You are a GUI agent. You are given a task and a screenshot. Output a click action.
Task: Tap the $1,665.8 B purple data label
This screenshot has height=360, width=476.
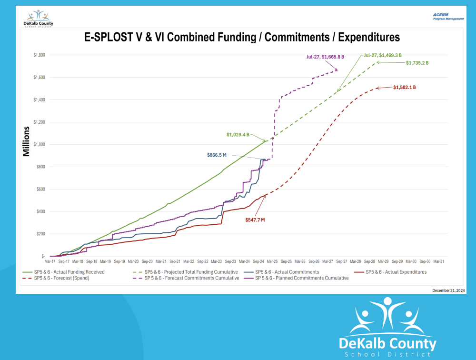coord(325,57)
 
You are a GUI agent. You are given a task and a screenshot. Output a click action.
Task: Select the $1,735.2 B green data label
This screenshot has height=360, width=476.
coord(417,62)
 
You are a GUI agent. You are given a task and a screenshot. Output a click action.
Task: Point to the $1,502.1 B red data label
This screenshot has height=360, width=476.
coord(405,88)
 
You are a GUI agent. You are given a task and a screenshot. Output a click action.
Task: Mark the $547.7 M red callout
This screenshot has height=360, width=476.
coord(255,220)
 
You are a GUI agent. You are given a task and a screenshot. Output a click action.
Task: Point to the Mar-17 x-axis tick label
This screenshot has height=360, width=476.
coord(50,261)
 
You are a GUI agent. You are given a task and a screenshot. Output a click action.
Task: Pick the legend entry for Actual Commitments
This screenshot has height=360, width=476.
coord(287,272)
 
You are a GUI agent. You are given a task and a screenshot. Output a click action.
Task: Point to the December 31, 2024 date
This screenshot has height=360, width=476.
coord(448,290)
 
